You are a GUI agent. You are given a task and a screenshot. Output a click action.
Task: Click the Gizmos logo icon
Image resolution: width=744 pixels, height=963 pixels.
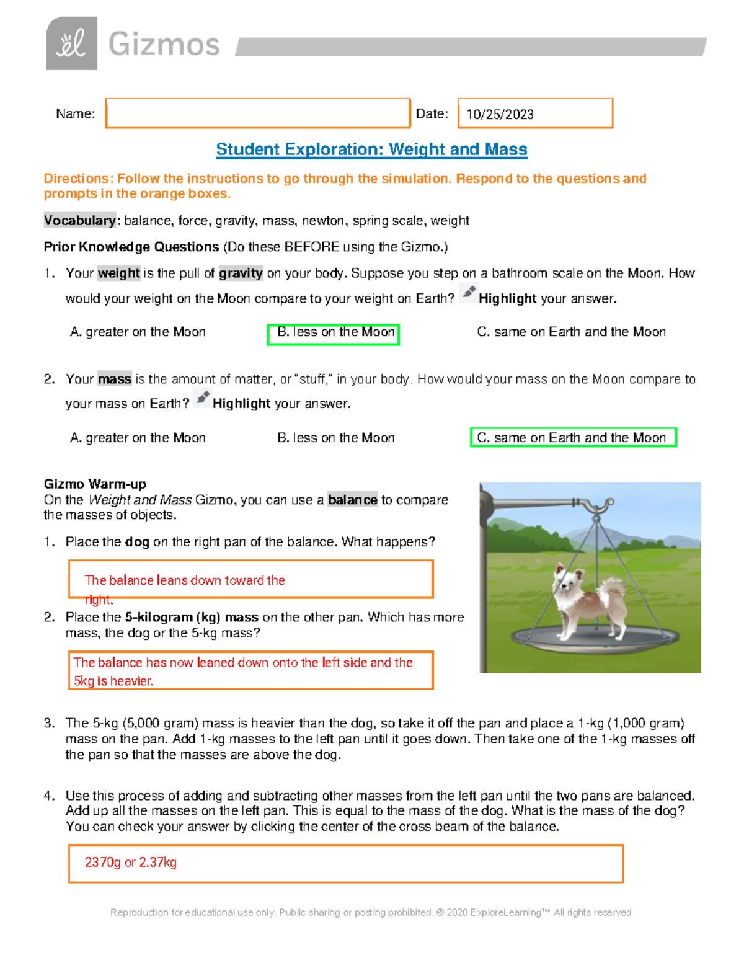pos(71,43)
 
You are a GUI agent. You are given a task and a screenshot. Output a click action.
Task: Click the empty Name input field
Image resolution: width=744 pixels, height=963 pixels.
pos(257,113)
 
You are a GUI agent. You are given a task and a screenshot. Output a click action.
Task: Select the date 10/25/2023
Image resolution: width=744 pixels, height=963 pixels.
pos(500,114)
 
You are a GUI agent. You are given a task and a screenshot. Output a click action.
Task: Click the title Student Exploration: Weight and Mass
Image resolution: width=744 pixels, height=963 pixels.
pos(371,149)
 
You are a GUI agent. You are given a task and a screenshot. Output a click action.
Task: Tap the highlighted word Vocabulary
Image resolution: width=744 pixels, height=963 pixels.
pos(79,221)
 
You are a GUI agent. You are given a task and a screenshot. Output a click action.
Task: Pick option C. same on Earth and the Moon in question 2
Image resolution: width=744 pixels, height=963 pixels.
pos(572,438)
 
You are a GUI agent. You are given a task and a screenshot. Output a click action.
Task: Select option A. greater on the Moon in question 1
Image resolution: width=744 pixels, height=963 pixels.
pos(138,332)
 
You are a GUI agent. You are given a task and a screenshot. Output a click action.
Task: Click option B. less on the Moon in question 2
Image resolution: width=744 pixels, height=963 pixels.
pos(335,438)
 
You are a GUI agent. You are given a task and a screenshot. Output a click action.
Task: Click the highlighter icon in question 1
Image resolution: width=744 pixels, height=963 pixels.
pos(469,292)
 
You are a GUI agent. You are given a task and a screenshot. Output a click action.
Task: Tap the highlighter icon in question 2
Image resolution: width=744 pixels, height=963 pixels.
pos(202,397)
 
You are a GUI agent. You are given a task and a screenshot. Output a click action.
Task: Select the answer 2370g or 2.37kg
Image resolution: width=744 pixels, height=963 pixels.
pos(131,863)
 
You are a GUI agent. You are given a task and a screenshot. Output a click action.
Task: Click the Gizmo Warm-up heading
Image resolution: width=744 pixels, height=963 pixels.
pos(95,484)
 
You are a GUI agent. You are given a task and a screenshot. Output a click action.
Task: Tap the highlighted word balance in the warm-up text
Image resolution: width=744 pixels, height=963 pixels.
pos(352,500)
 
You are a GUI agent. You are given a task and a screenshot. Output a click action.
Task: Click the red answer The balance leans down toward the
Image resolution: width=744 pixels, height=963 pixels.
pos(185,580)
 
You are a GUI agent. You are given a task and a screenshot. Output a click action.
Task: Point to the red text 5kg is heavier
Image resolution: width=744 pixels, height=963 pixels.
pos(113,681)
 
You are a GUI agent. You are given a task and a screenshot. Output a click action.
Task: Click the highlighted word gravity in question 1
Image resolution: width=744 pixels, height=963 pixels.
pos(241,273)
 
